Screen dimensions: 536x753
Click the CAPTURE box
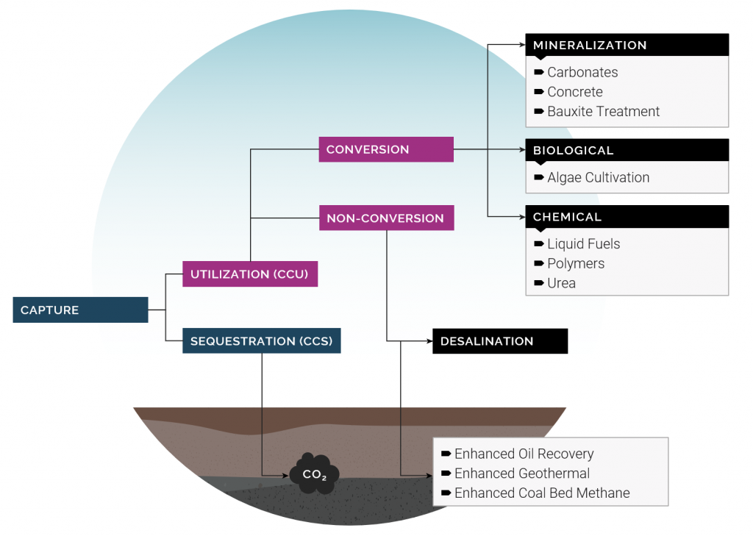(80, 310)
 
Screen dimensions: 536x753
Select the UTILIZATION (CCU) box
(250, 274)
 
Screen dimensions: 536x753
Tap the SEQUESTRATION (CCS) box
(261, 341)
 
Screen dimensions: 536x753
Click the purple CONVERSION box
(386, 149)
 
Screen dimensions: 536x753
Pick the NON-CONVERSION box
(386, 218)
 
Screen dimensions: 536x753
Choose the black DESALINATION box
(500, 341)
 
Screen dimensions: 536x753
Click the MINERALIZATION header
(627, 45)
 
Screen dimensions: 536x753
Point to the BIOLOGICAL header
(627, 150)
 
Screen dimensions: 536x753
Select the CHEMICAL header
(627, 217)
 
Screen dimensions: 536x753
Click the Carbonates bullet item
(582, 72)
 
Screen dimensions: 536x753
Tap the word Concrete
(574, 92)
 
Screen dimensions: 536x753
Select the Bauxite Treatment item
(603, 112)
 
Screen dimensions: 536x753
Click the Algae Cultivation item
(598, 177)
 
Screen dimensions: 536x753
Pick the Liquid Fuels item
(583, 244)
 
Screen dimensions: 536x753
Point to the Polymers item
(575, 263)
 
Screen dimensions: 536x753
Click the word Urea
(561, 283)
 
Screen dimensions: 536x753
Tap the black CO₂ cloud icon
(314, 474)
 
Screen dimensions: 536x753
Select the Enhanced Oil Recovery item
(524, 454)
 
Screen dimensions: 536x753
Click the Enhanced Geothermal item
(521, 474)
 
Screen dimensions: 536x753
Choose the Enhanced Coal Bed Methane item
(541, 493)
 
